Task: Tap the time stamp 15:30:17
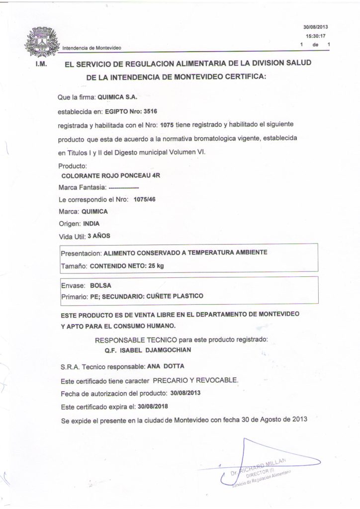pyautogui.click(x=315, y=36)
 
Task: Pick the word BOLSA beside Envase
pyautogui.click(x=100, y=285)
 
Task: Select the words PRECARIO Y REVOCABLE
pyautogui.click(x=195, y=381)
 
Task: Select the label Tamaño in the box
pyautogui.click(x=74, y=266)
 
